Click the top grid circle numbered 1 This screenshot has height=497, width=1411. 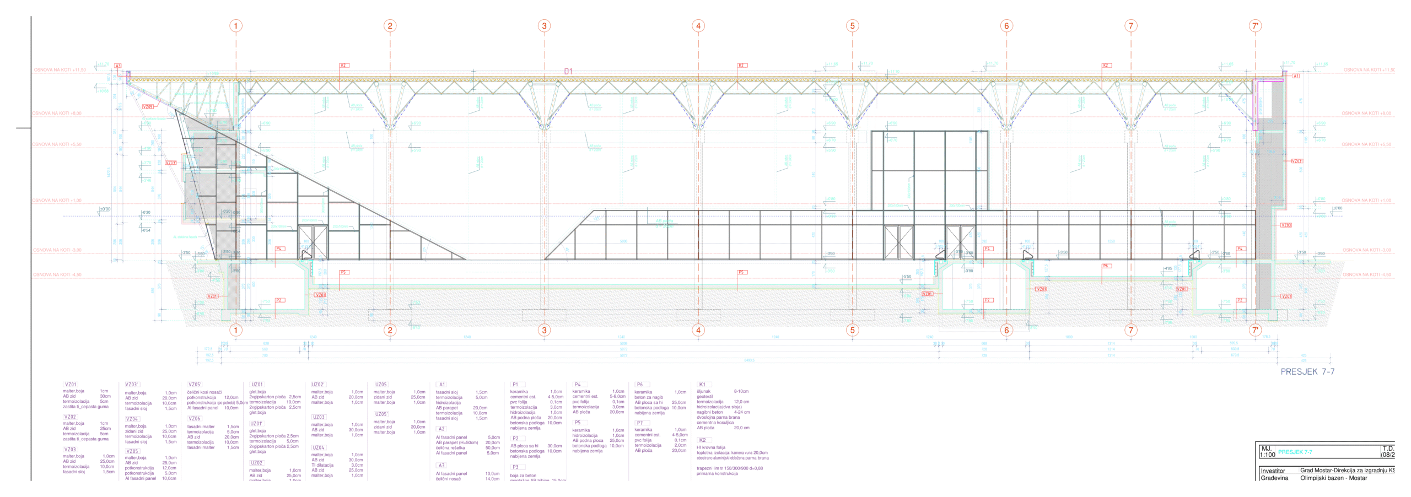(x=236, y=26)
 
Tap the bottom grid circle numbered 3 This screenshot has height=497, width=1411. (x=544, y=330)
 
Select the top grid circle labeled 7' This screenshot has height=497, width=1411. (x=1255, y=26)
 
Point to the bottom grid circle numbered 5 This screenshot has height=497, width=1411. (x=852, y=330)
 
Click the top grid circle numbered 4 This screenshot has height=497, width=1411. (x=698, y=26)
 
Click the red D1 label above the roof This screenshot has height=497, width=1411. (x=568, y=71)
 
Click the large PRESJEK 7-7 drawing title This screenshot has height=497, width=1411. (x=1307, y=372)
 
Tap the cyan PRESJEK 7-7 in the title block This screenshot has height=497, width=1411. (x=1295, y=452)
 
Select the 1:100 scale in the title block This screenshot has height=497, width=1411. (x=1268, y=455)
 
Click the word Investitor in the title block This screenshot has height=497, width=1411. (x=1273, y=471)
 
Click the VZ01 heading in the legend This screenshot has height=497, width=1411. (x=71, y=385)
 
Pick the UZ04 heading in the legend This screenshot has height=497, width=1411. (x=319, y=448)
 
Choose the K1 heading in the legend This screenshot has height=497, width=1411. (x=702, y=385)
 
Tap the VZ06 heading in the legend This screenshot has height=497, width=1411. (x=195, y=419)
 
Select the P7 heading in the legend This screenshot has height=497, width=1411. (x=640, y=423)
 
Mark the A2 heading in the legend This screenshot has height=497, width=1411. (x=441, y=429)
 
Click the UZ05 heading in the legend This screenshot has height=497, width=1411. (x=381, y=385)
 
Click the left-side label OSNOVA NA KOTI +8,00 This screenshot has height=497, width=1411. (x=57, y=114)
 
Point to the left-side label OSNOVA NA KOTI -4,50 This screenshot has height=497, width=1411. (x=57, y=274)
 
